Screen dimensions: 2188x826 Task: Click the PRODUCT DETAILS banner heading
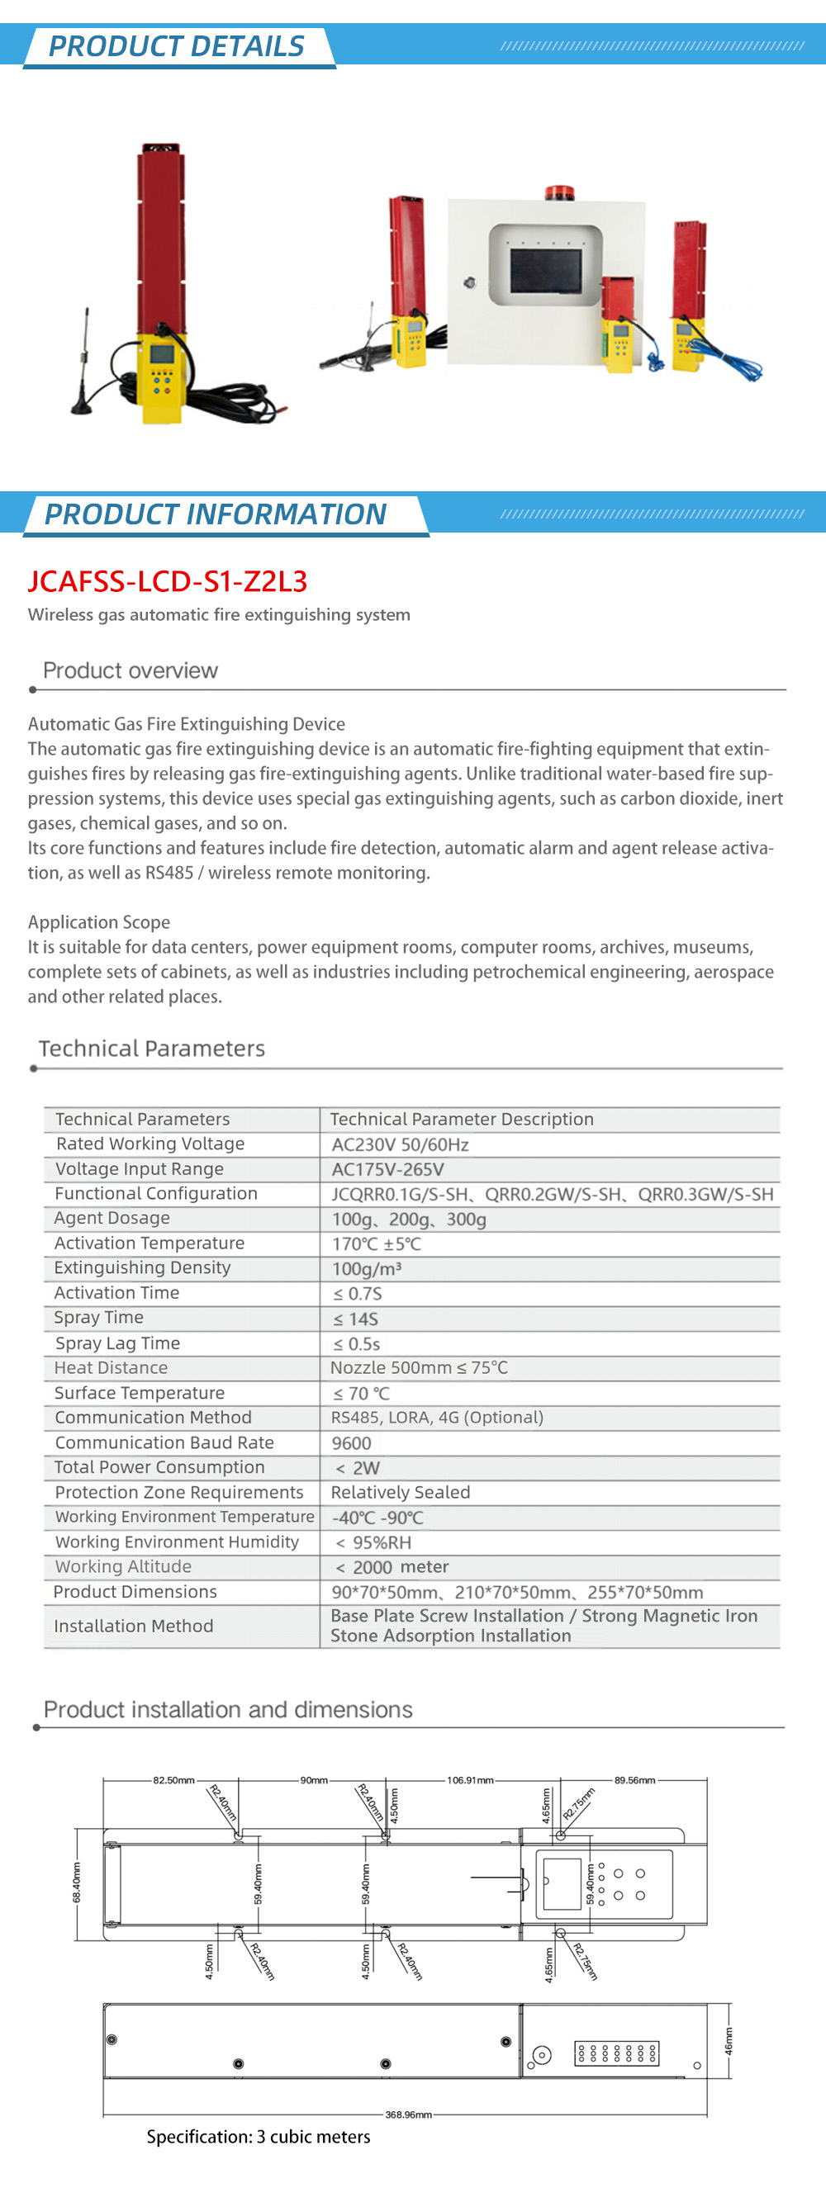tap(176, 46)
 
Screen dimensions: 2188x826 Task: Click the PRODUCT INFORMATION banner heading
tap(215, 514)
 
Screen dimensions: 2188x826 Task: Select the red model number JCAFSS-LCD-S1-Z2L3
tap(168, 581)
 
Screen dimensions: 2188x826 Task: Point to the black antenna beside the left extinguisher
tap(83, 365)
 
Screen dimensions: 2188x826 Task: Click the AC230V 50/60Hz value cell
tap(400, 1144)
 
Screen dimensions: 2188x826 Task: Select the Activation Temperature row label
tap(149, 1243)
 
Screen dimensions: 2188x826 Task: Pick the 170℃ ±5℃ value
tap(376, 1243)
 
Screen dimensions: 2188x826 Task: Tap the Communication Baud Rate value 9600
tap(351, 1443)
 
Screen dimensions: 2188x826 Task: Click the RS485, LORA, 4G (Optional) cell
tap(437, 1417)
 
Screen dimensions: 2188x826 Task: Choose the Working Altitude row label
tap(123, 1566)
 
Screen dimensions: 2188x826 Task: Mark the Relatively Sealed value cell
tap(401, 1492)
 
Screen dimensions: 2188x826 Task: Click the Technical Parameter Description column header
tap(462, 1119)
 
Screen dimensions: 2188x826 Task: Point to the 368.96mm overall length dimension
tap(408, 2115)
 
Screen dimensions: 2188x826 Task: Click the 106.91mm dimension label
tap(470, 1779)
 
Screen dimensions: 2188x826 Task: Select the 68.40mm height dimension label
tap(77, 1883)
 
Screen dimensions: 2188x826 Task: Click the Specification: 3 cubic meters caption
tap(259, 2137)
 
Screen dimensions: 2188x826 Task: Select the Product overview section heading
tap(130, 670)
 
